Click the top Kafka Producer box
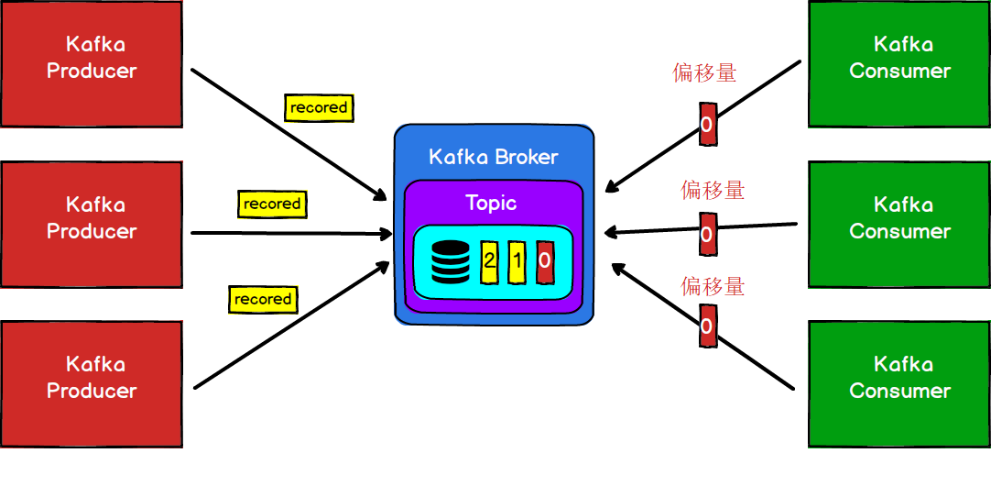tap(92, 63)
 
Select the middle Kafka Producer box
tap(92, 224)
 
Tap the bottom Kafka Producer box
tap(92, 383)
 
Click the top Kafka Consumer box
tap(899, 63)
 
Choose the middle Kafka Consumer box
tap(899, 224)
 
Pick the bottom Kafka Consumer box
tap(899, 383)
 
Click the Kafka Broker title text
tap(493, 157)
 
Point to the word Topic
tap(491, 203)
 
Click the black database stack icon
tap(450, 261)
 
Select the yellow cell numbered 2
tap(489, 261)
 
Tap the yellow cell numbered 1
tap(517, 261)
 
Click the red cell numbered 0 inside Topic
tap(545, 261)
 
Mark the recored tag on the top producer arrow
tap(319, 107)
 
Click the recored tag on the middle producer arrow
tap(272, 204)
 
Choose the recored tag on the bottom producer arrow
tap(263, 300)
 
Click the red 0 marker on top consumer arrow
tap(706, 125)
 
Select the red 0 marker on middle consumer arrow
tap(706, 234)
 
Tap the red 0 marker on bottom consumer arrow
tap(706, 326)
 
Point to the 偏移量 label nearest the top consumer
tap(704, 73)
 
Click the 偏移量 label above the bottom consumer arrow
tap(713, 286)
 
